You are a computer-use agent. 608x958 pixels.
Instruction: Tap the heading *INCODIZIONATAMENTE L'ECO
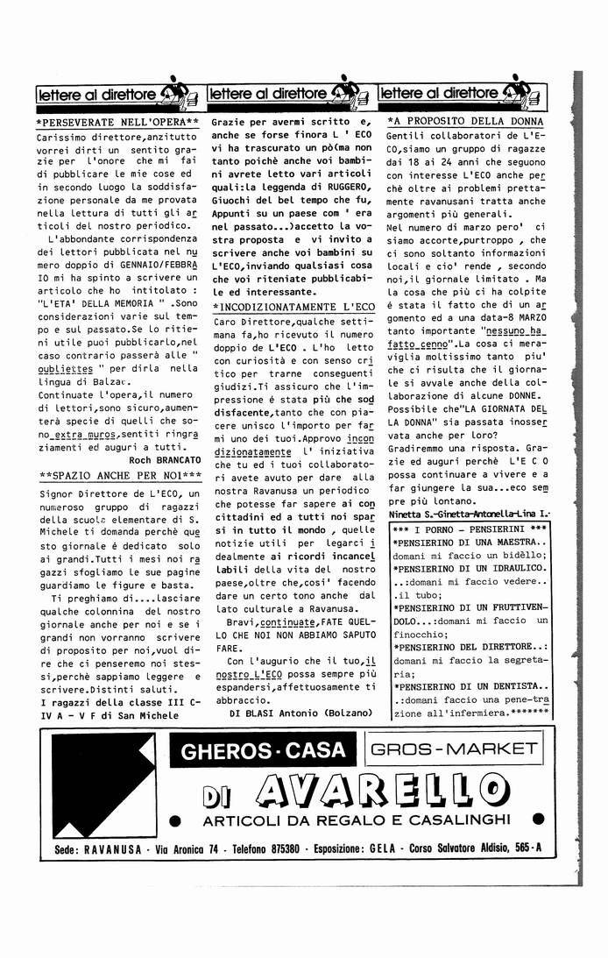(293, 307)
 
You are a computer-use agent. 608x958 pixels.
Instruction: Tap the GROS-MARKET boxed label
(454, 749)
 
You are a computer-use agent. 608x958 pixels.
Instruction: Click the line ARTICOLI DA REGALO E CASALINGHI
(357, 820)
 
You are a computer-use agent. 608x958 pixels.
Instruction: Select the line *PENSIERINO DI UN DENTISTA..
(470, 687)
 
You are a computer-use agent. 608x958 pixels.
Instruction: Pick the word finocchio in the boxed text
(422, 633)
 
